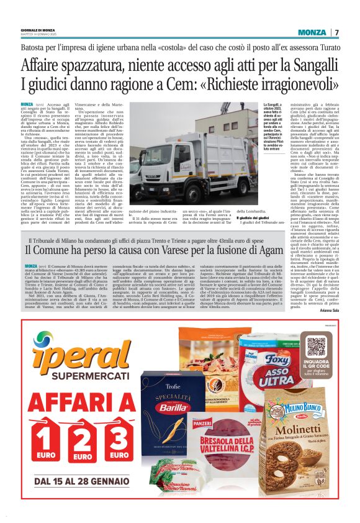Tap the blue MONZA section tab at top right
click(312, 32)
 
